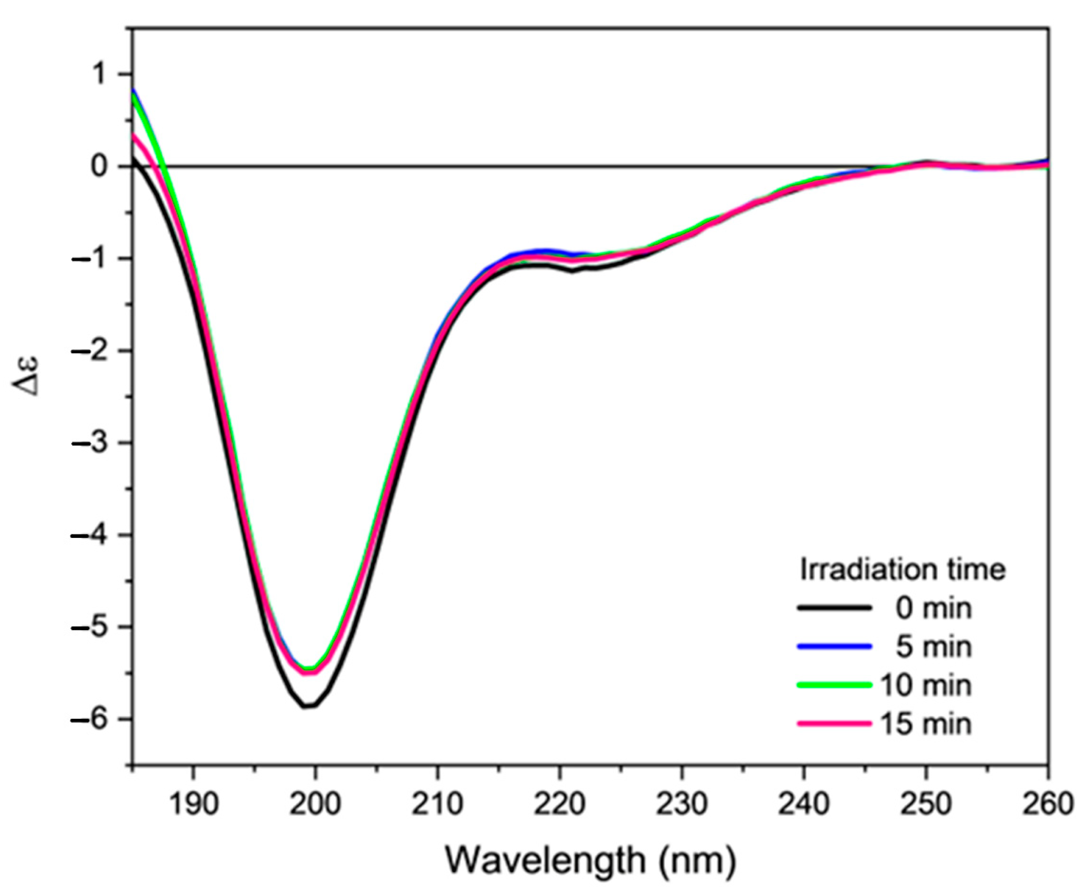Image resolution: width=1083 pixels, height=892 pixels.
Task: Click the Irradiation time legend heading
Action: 902,570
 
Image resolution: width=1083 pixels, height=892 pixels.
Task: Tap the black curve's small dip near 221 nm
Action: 572,271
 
